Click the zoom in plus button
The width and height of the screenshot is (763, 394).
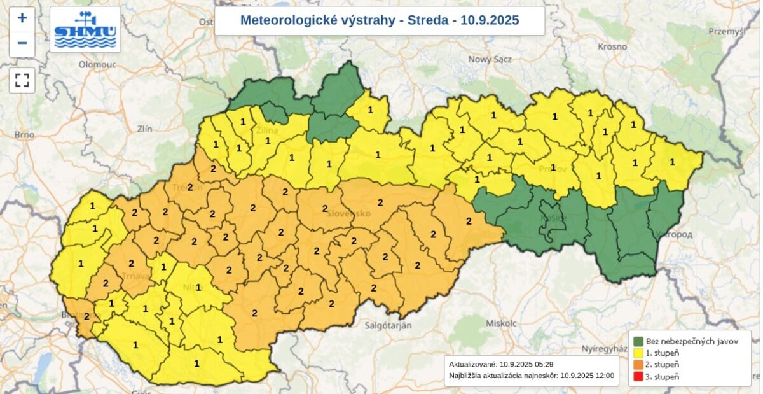(x=22, y=18)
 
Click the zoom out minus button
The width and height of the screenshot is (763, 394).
(x=22, y=43)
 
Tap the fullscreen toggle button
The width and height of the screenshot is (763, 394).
(x=22, y=80)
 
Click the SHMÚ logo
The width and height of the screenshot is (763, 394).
(x=85, y=30)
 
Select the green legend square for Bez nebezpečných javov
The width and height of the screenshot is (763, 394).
(x=638, y=342)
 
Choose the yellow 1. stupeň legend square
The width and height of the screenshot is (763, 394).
(x=638, y=353)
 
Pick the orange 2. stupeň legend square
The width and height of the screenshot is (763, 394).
(x=638, y=365)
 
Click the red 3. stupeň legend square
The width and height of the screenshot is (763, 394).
(x=638, y=376)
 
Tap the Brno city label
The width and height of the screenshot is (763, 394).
(x=24, y=135)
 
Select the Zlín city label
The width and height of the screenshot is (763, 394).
(x=144, y=129)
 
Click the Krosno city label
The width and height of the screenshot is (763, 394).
(x=612, y=46)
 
